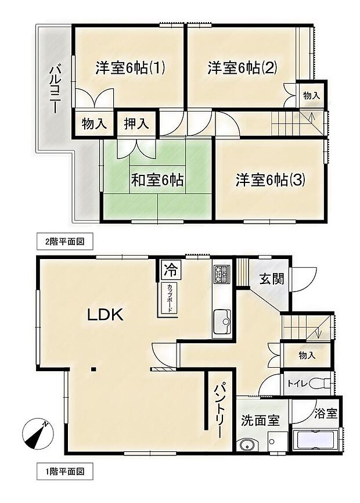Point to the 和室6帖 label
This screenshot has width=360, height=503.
tap(157, 181)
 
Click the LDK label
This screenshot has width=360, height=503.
tap(105, 315)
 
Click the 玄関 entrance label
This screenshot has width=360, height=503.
tap(272, 279)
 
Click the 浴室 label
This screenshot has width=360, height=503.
tap(326, 414)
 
